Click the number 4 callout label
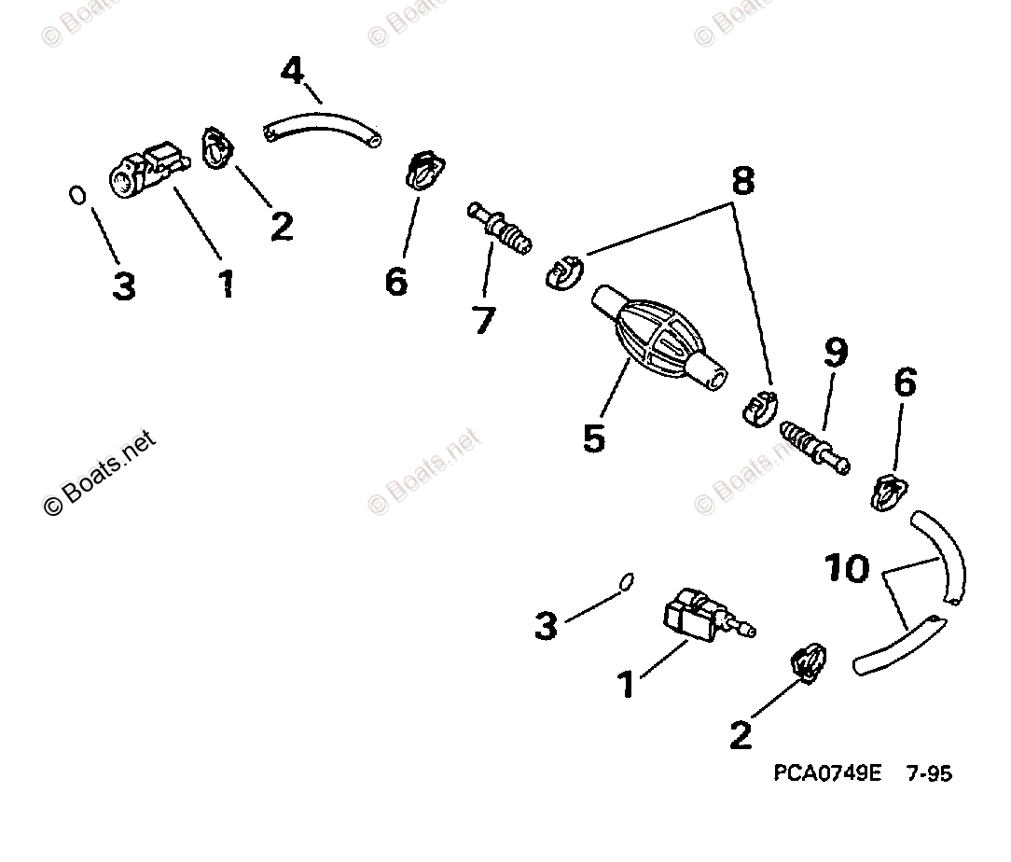292,71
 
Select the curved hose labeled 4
323,129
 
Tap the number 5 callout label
593,437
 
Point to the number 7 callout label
484,320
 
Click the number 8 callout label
742,181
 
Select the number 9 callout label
835,354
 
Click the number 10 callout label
847,568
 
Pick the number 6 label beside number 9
904,383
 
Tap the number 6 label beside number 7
396,281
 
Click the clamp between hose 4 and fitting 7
424,170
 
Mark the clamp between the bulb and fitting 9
758,410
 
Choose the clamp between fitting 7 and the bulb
562,271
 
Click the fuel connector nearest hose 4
145,168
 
